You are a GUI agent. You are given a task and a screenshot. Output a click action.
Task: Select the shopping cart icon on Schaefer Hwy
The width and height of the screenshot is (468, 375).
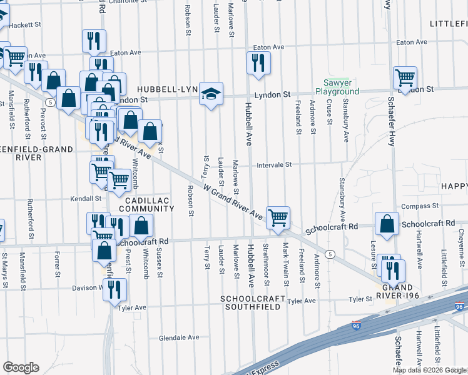pos(405,77)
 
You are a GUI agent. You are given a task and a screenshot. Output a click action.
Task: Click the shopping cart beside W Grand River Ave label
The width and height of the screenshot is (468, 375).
pos(278,218)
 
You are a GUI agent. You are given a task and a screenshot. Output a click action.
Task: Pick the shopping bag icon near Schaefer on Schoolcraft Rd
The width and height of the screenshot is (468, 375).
pos(387,224)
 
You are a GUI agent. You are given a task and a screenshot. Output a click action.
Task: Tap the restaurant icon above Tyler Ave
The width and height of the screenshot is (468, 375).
pos(114,289)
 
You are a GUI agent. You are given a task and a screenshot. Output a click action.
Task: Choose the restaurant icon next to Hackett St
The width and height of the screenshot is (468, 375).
pos(94,41)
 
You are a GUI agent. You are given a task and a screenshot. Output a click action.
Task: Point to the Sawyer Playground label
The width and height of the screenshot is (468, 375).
pos(337,87)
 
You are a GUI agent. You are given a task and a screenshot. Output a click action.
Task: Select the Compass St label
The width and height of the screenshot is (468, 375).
pos(420,206)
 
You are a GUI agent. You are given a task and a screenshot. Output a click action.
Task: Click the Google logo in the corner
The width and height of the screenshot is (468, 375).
pos(21,367)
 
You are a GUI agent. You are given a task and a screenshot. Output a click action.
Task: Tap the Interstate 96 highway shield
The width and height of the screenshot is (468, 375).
pos(459,306)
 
